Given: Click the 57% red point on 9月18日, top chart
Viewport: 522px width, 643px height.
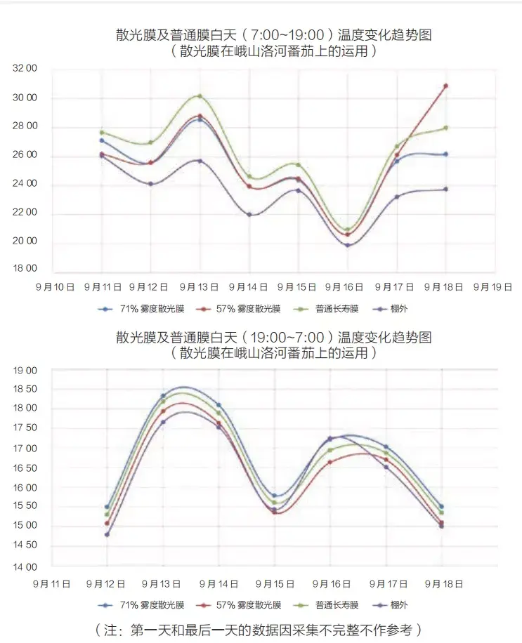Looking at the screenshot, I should click(x=445, y=86).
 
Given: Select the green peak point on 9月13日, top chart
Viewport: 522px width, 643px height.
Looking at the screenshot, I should click(x=200, y=96).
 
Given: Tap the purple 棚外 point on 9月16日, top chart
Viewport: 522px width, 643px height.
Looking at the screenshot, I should click(x=347, y=245).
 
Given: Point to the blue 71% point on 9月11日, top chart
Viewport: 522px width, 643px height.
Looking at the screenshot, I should click(x=101, y=140).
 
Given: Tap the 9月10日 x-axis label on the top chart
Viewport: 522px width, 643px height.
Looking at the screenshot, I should click(x=55, y=287).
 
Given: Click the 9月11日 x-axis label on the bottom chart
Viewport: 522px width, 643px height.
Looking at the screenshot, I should click(x=52, y=583).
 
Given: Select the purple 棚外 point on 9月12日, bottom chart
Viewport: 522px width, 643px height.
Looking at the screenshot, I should click(x=107, y=534).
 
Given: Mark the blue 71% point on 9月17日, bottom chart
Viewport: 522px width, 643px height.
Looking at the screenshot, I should click(x=386, y=447).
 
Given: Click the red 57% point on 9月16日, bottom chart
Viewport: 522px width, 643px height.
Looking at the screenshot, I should click(x=330, y=462).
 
